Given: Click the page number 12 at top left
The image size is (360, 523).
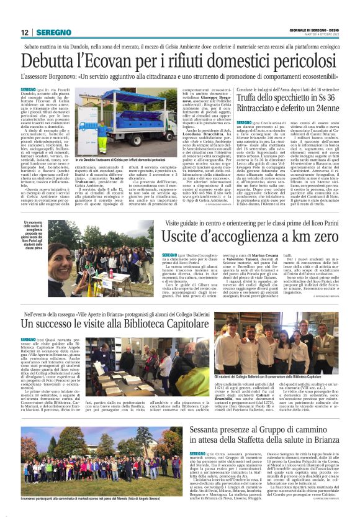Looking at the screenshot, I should coord(24,32).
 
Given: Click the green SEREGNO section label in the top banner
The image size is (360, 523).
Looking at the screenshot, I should coord(54,32).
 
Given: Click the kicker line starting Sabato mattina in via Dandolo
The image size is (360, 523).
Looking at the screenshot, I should coord(180,46).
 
